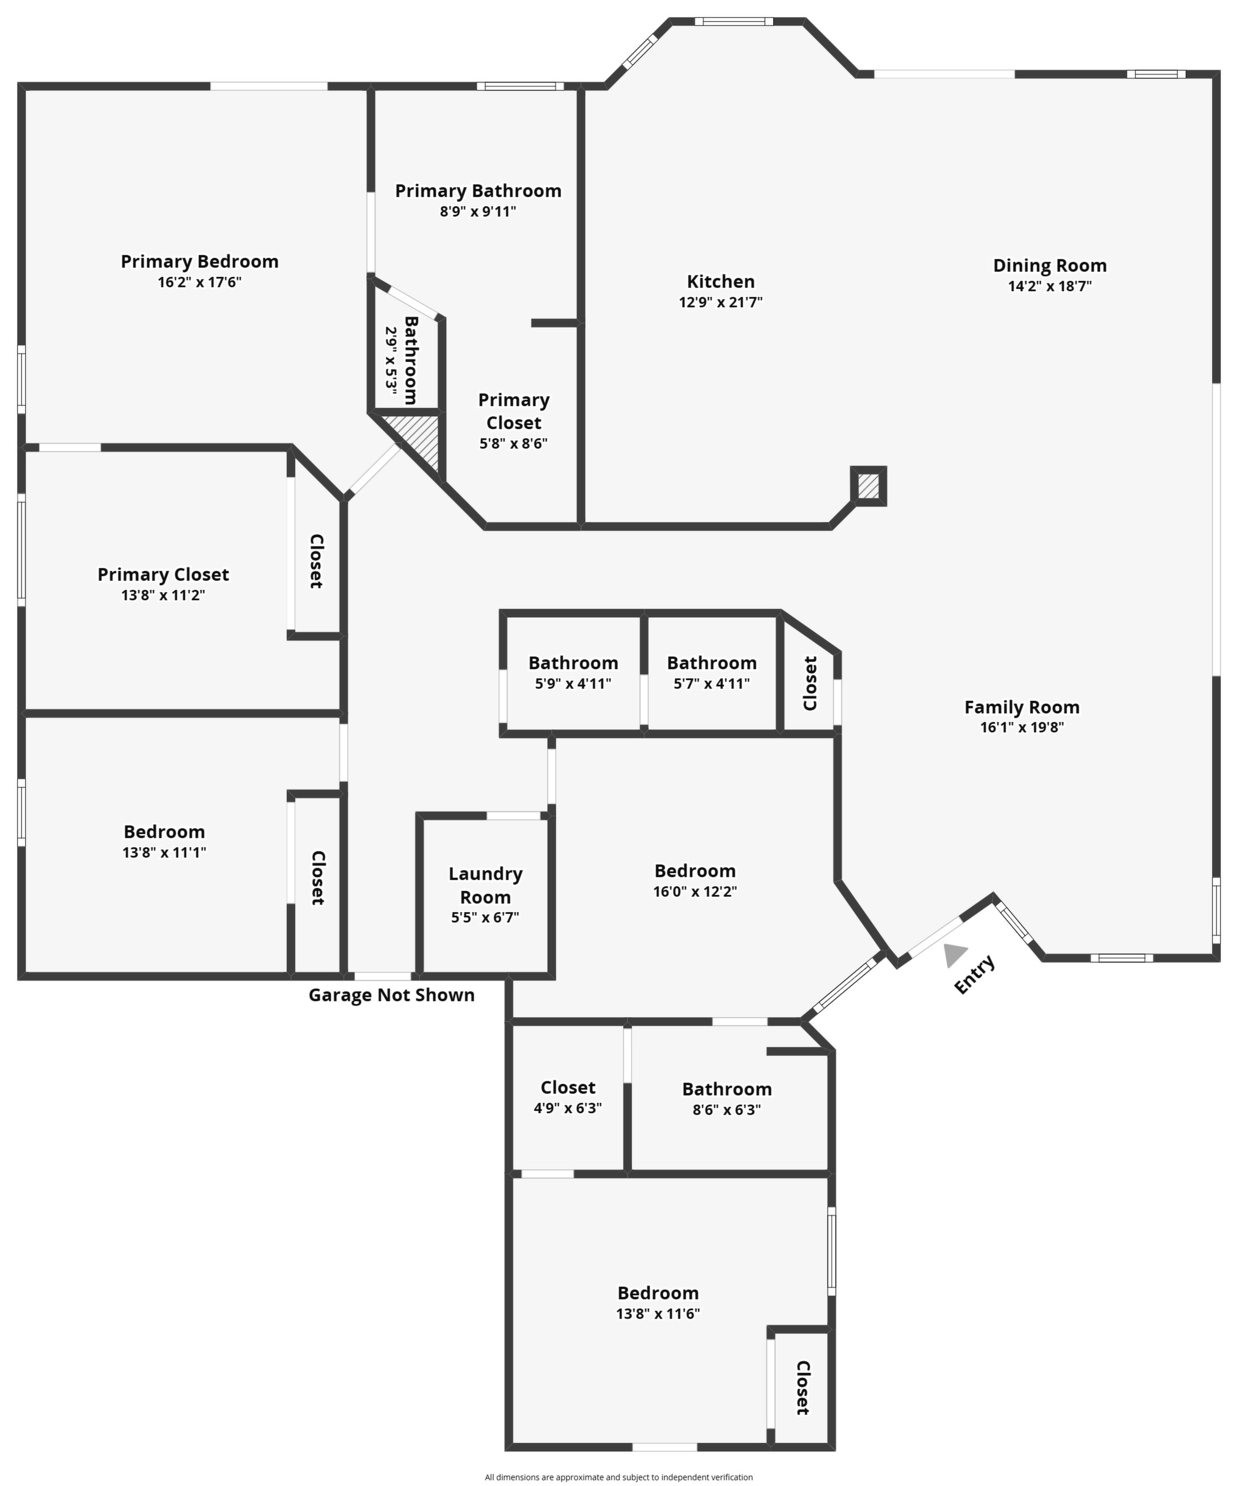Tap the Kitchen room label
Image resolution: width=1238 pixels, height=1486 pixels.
(720, 282)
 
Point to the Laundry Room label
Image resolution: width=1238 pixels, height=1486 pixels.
(486, 885)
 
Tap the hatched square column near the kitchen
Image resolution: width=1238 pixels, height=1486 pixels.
(869, 486)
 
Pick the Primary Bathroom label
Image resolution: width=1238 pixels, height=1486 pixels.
(479, 191)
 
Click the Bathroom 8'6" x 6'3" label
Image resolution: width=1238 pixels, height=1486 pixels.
(727, 1099)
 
